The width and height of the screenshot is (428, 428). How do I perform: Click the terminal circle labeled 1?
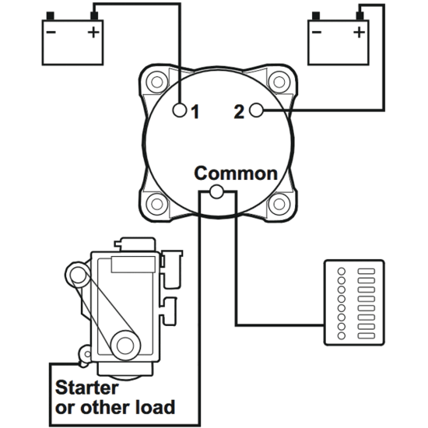point(180,111)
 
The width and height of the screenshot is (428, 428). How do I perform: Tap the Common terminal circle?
point(217,191)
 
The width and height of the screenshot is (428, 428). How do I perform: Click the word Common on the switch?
point(235,173)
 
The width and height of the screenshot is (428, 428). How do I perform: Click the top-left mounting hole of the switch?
point(157,81)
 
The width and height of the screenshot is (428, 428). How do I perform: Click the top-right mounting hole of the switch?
point(277,81)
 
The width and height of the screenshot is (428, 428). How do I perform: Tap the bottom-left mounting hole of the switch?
point(157,205)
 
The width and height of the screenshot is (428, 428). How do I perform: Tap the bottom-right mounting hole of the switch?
point(277,205)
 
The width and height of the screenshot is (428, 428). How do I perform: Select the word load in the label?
point(154,406)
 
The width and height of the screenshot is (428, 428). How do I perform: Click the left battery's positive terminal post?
point(94,16)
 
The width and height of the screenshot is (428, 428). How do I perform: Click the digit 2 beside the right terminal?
point(238,112)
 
